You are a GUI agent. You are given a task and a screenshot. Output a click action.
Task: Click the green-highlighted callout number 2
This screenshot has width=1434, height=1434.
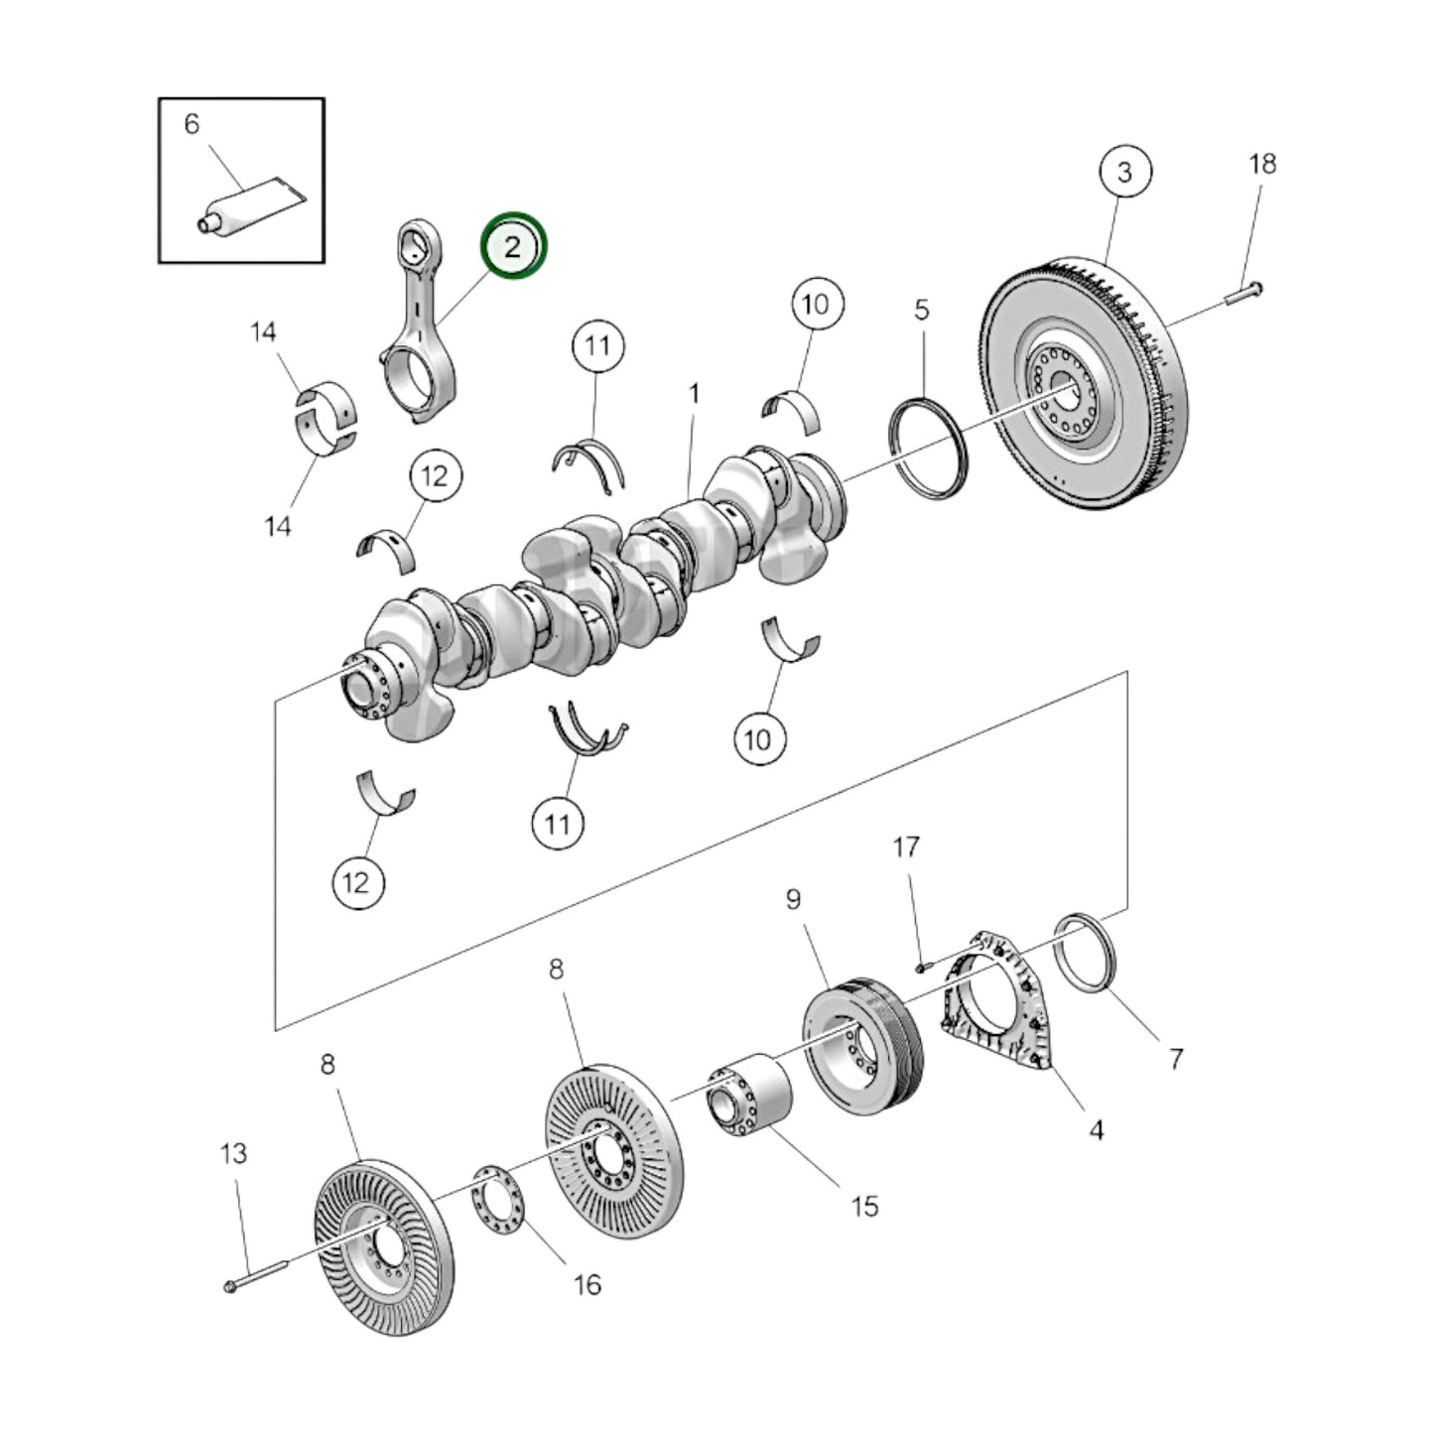pos(513,246)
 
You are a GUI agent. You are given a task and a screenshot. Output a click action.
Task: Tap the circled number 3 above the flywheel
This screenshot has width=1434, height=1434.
pos(1123,172)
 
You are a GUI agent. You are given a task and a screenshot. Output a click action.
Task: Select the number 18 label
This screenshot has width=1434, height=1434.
pos(1261,164)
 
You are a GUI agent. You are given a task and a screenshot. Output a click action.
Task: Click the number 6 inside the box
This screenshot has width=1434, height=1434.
pos(192,124)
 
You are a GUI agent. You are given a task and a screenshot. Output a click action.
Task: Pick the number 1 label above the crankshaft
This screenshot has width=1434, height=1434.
pos(695,394)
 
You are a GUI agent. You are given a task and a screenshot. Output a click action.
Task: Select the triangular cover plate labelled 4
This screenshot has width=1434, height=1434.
pos(992,1002)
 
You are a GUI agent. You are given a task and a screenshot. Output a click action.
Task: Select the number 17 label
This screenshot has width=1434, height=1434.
pos(905,847)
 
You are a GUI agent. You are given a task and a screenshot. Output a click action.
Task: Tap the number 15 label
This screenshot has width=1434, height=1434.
pos(864,1206)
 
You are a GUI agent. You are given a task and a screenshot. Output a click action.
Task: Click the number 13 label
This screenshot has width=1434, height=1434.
pos(233,1153)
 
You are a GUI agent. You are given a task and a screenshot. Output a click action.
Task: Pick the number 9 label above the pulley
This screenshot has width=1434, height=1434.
pos(793,899)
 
